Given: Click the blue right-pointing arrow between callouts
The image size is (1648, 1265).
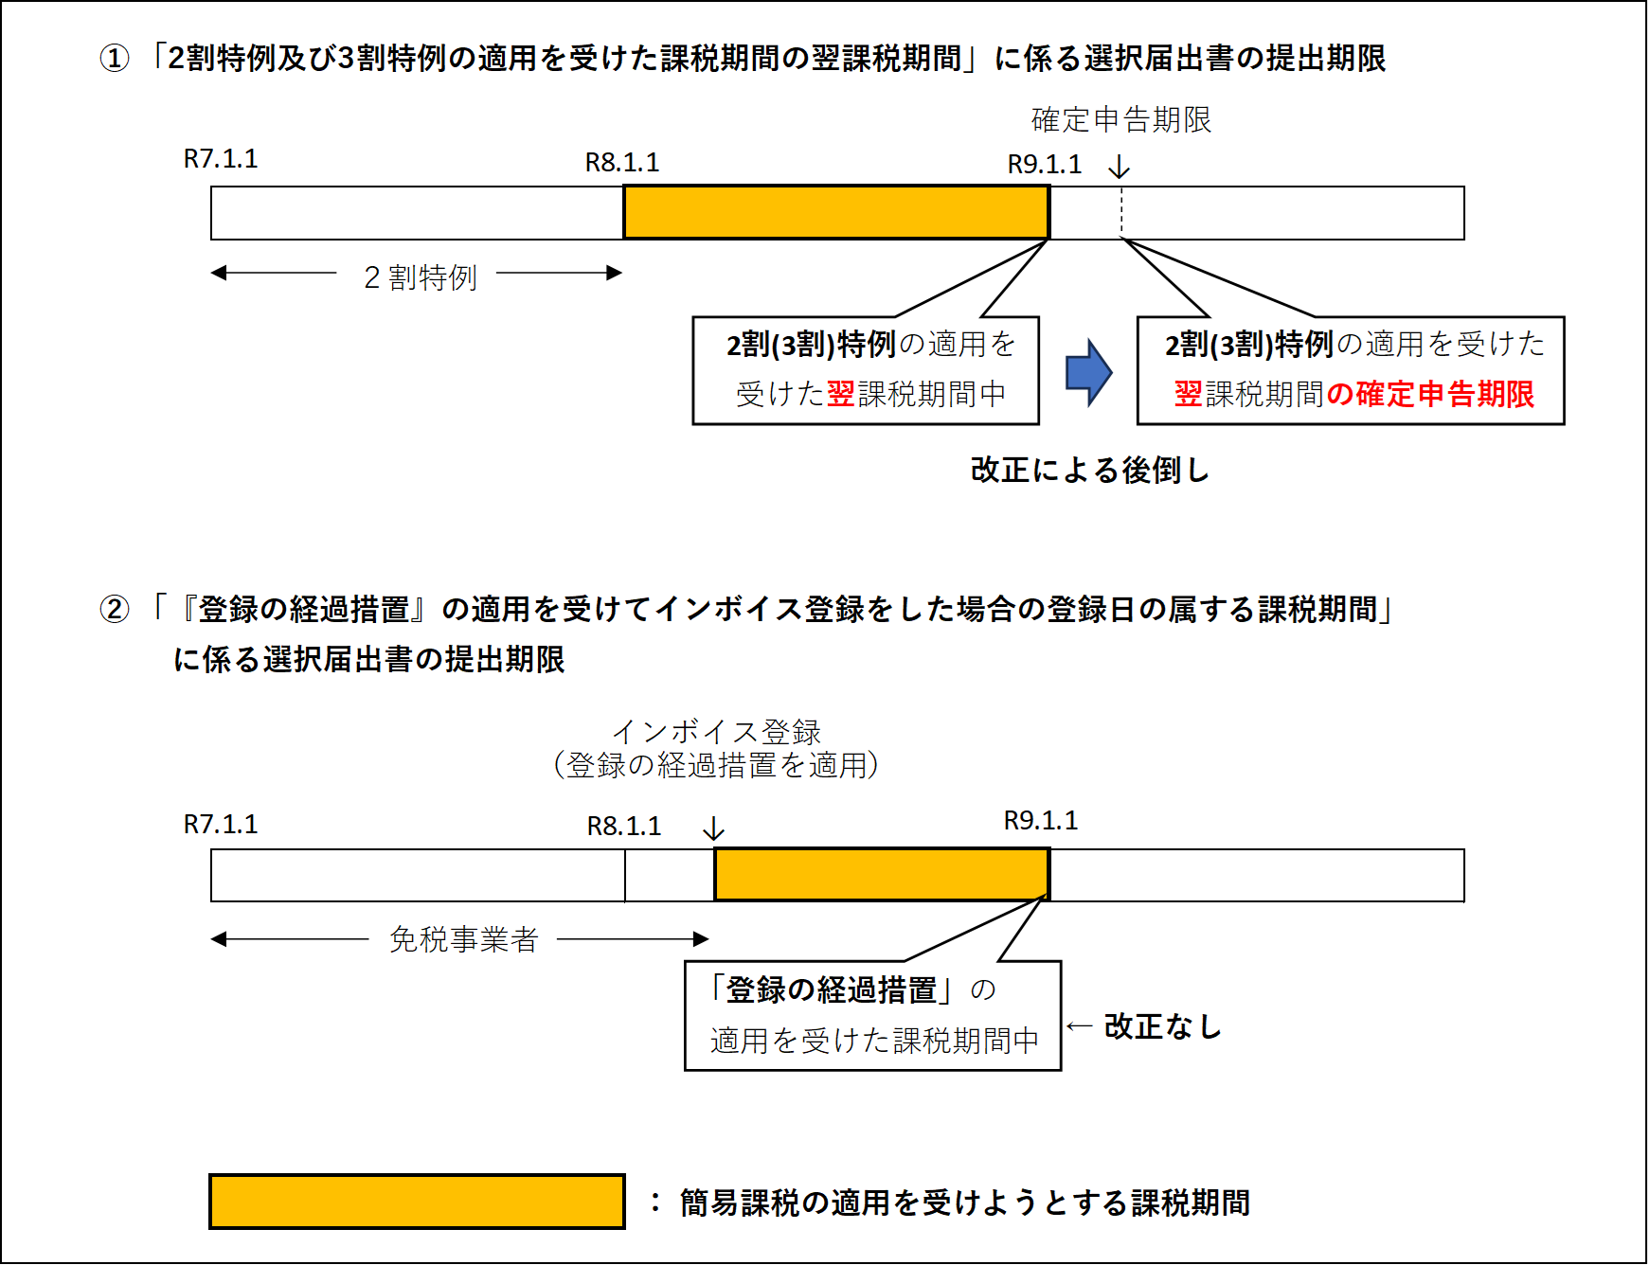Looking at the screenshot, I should [x=1088, y=372].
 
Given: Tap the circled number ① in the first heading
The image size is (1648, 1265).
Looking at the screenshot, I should [x=115, y=59].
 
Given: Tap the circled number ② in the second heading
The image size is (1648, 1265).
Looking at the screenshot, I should [x=115, y=609].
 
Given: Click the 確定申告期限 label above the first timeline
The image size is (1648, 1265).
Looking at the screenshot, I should [x=1120, y=120].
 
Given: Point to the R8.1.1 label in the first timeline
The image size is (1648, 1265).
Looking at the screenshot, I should [x=622, y=163].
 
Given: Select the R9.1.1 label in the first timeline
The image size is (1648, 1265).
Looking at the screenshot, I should [x=1044, y=165].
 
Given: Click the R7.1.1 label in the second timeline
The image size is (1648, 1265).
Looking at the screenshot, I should [x=221, y=825].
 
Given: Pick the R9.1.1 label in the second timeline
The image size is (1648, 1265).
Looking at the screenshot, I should [x=1041, y=821].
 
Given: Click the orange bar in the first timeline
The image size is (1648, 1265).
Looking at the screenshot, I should [x=836, y=212].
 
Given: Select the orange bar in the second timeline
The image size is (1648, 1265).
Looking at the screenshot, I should [x=882, y=875].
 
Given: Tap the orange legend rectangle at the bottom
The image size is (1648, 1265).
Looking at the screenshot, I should [x=417, y=1202].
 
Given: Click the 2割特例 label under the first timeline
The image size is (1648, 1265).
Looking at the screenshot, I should [x=420, y=277].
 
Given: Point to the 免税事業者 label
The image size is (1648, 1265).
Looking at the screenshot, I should [x=464, y=939].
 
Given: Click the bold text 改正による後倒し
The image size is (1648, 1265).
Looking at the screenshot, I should [x=1089, y=470].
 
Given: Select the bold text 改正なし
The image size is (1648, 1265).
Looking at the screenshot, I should [x=1162, y=1026].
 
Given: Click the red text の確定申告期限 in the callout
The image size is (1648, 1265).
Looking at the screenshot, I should [x=1430, y=394].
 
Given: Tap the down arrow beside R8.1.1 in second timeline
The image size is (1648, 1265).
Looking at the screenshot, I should [x=713, y=829].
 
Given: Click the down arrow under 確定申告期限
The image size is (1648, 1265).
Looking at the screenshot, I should [x=1120, y=168].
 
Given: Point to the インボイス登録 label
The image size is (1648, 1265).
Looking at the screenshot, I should [x=716, y=731].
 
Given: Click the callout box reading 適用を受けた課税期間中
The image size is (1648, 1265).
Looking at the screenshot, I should [x=872, y=1016].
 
